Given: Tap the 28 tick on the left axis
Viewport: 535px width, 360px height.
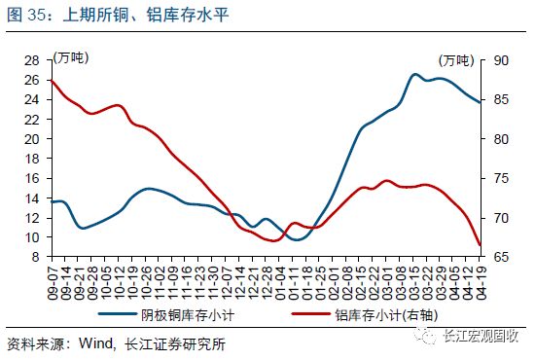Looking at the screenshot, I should [x=30, y=59].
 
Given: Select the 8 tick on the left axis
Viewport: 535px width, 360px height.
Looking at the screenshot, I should [x=34, y=258].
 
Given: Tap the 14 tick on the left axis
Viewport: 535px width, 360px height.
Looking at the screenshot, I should [x=30, y=198].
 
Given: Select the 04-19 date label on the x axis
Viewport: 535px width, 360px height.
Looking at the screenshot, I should [x=480, y=282].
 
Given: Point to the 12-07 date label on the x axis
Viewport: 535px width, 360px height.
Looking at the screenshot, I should [x=226, y=282].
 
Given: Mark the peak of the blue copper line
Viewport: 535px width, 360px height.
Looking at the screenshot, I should [x=414, y=74].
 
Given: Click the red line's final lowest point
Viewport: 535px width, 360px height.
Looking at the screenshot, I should [x=480, y=246].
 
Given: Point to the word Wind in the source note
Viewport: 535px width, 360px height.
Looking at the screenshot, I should [x=94, y=342].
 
